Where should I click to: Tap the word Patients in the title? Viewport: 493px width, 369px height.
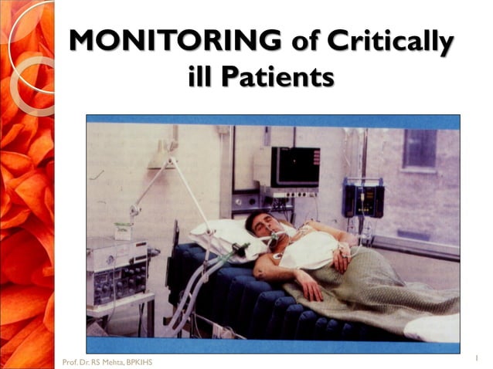tap(280, 77)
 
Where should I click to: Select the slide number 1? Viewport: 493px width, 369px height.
tap(477, 357)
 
